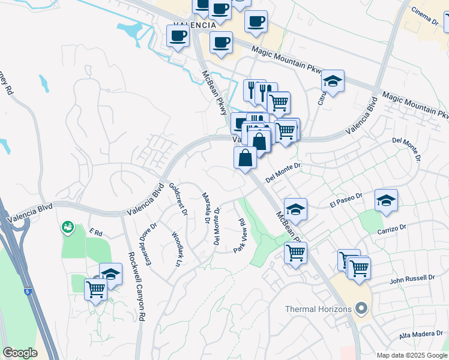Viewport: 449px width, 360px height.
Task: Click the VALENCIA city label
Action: pos(193,26)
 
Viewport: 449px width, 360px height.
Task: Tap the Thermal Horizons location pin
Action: pos(361,309)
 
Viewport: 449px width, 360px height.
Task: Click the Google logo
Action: pos(20,353)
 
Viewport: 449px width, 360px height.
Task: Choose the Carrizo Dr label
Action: pos(393,229)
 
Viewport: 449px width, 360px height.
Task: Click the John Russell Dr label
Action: pos(412,278)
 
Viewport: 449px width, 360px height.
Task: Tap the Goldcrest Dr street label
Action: pos(178,199)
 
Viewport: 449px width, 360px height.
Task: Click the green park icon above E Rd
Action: pos(68,227)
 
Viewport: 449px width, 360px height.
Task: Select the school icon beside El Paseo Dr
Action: pos(386,201)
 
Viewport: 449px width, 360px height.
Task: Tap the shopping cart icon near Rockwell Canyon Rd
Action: pos(95,290)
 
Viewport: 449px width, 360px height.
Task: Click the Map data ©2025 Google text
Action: pos(411,355)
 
